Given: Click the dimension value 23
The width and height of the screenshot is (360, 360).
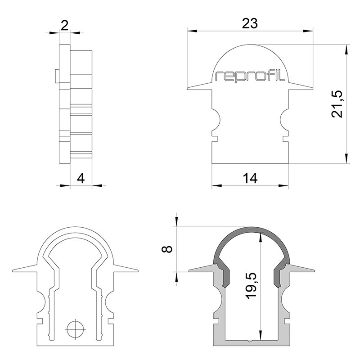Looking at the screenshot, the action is [x=250, y=24].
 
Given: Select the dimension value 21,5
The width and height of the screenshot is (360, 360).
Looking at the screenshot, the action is [x=337, y=104].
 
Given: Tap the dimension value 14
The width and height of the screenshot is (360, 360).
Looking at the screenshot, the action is [x=250, y=178].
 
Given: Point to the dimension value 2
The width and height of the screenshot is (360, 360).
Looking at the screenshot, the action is [x=65, y=25].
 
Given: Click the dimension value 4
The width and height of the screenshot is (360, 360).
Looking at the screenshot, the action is [x=81, y=178].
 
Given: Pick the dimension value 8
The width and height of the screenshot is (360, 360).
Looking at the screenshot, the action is [x=167, y=249].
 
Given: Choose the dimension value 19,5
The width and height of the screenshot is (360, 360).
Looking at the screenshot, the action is [x=251, y=286].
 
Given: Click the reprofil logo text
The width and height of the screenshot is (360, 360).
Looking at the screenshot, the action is [x=250, y=76].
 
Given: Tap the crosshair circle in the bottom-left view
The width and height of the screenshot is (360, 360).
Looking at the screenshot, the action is [x=75, y=329].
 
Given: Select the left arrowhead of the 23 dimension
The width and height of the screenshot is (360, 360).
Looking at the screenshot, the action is [x=192, y=31].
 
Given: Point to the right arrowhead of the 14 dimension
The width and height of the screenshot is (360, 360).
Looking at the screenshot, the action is [x=283, y=185].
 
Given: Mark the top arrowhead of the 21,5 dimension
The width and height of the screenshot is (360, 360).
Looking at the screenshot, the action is [x=346, y=49].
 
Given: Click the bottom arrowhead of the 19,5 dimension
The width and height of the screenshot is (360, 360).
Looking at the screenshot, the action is [x=261, y=335].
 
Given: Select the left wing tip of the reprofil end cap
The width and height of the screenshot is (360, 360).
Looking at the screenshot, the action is [x=188, y=88].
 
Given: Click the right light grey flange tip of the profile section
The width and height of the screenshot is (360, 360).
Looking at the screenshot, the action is [x=313, y=270].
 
